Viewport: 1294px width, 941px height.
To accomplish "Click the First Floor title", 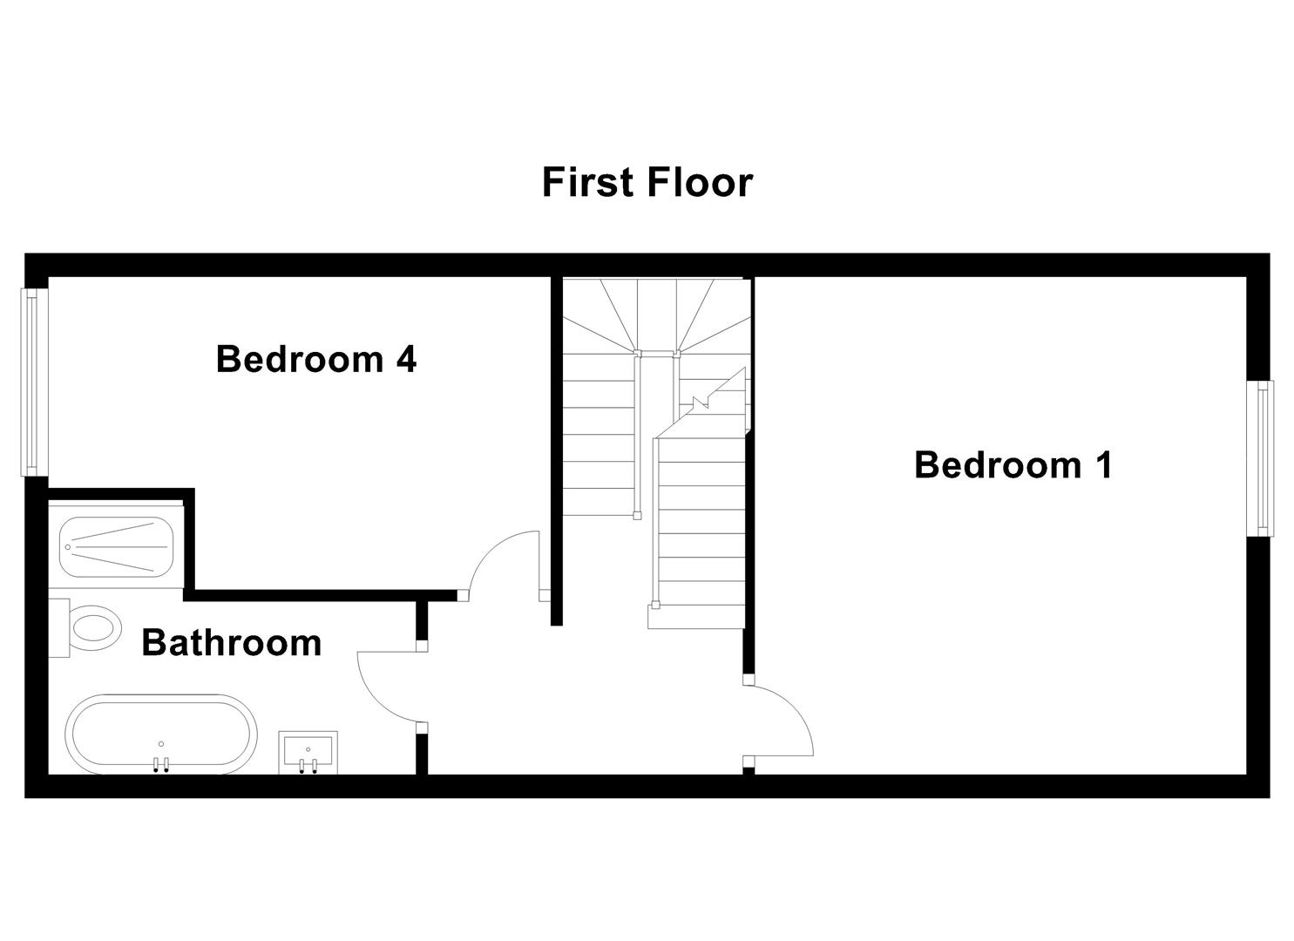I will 647,183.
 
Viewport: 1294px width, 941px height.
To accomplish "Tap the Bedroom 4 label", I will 315,359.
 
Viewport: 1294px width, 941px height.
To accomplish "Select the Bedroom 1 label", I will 1013,465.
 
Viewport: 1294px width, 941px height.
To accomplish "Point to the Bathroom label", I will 231,643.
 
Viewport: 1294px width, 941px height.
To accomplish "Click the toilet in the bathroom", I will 94,627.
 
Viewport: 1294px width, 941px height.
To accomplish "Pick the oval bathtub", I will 161,734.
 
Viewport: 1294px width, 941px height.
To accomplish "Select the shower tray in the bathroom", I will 116,546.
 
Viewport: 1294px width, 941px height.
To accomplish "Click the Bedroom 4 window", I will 33,382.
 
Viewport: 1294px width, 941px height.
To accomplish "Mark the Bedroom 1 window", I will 1262,458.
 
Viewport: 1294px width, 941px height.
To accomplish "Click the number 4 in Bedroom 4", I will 405,359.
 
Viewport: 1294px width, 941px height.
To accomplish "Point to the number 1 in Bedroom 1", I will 1103,465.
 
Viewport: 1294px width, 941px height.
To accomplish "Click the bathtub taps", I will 160,765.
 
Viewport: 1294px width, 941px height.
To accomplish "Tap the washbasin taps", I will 308,766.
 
